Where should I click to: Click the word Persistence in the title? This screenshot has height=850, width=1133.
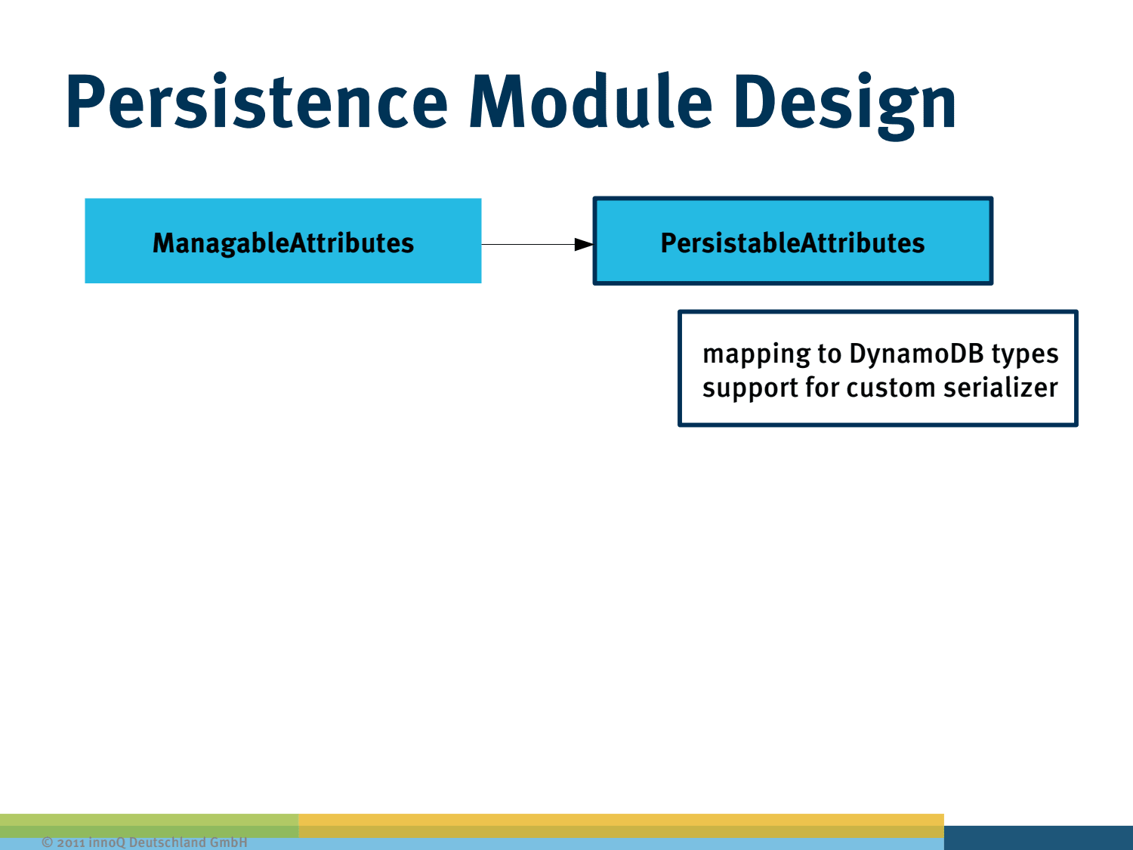(257, 102)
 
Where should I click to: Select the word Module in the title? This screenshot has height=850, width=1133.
(590, 102)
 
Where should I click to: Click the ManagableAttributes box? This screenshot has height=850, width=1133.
(282, 241)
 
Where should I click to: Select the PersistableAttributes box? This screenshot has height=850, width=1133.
(792, 241)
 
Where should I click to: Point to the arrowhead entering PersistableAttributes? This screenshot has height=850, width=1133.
(584, 244)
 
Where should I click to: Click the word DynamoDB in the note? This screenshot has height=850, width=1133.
(916, 353)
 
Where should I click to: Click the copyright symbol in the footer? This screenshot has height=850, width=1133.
(47, 842)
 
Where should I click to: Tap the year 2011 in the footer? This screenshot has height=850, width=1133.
(70, 842)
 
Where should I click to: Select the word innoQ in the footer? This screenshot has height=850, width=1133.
(107, 842)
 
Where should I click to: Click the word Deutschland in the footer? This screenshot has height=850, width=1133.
(167, 842)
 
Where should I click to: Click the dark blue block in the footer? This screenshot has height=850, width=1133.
(1038, 837)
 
